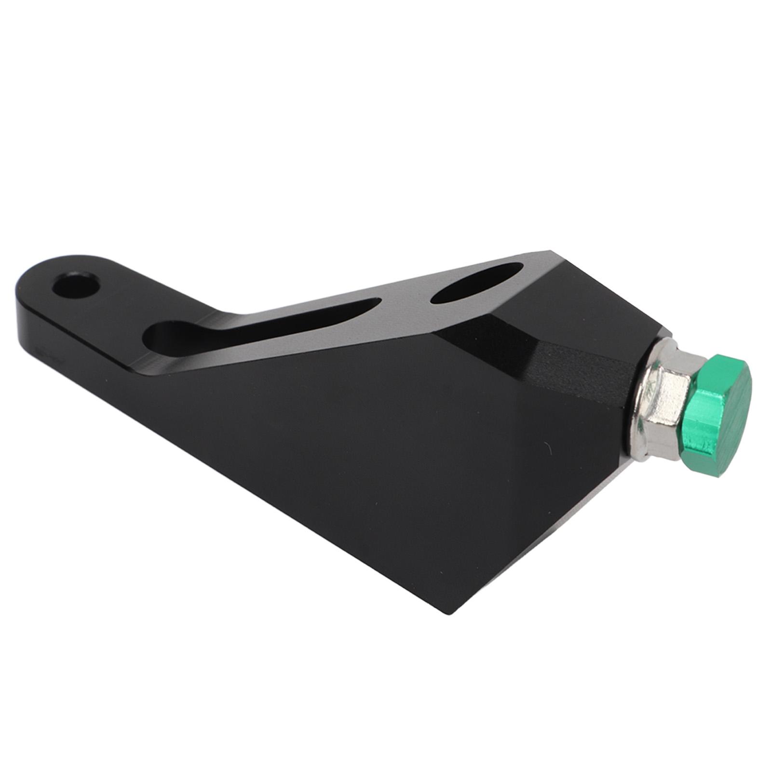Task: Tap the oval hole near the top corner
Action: coord(476,284)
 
